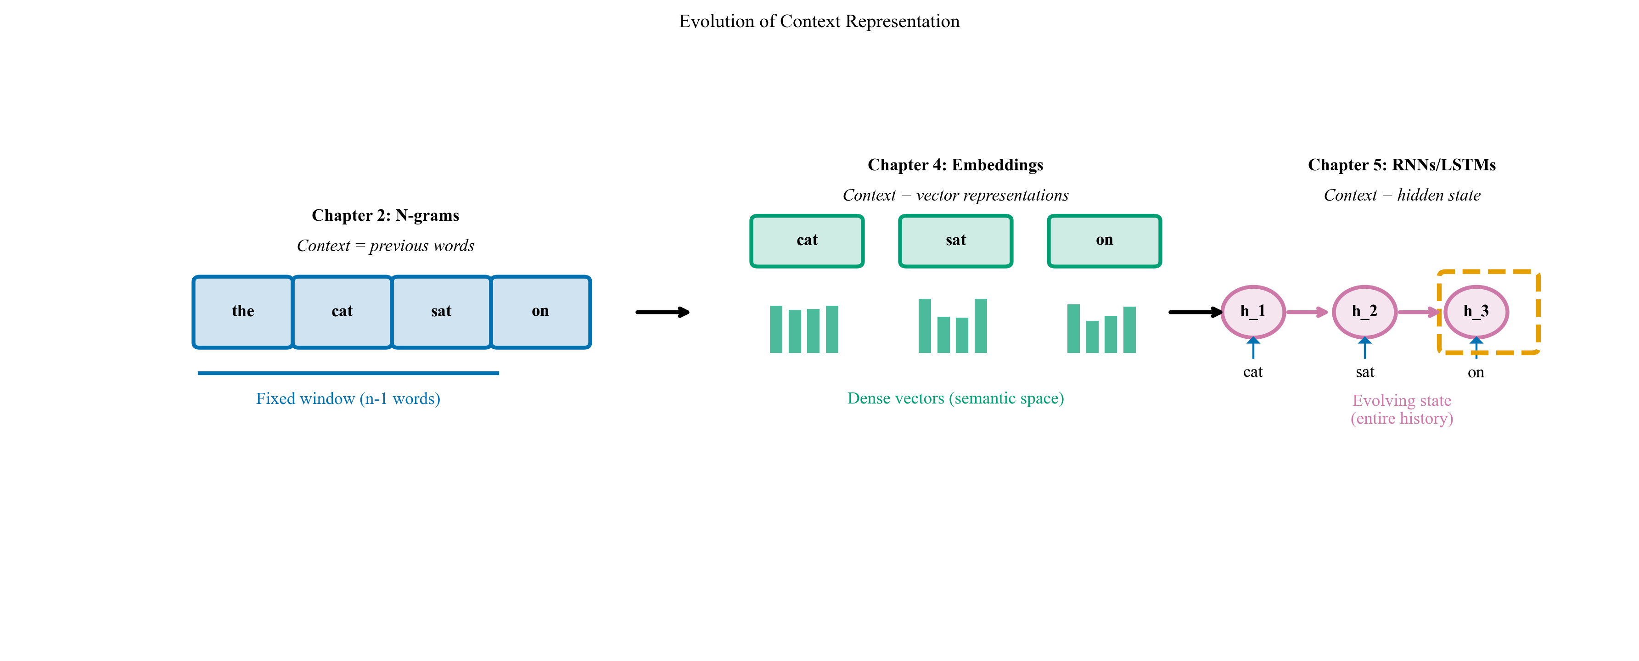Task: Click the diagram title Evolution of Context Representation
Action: (x=819, y=22)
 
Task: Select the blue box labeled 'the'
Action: (x=242, y=312)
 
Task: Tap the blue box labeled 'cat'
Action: (x=342, y=312)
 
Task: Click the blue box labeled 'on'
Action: (x=540, y=312)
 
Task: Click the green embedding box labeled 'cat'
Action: (x=807, y=241)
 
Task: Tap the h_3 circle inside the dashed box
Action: (x=1476, y=312)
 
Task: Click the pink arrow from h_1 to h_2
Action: (x=1307, y=312)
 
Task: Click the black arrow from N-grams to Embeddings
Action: (x=662, y=312)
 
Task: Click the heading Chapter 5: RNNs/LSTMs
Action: (x=1401, y=165)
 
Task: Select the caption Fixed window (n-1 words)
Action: (x=348, y=399)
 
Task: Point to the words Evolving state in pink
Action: (x=1401, y=400)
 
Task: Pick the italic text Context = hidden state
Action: (x=1401, y=195)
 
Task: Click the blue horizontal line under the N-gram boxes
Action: (x=348, y=373)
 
